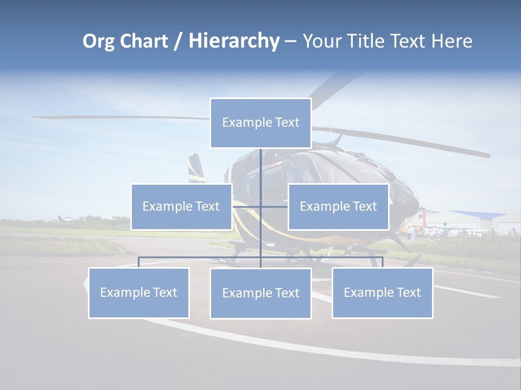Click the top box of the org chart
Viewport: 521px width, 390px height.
click(260, 123)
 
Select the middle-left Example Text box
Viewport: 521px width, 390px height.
click(181, 206)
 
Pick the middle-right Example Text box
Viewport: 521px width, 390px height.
click(338, 206)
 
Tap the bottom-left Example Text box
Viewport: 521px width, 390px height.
click(139, 292)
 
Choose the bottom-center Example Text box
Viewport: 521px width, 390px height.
click(260, 293)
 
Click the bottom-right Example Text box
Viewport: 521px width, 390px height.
click(382, 292)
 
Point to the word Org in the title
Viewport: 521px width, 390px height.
click(99, 41)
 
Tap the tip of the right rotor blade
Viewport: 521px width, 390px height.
click(486, 155)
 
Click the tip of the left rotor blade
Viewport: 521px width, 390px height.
click(36, 116)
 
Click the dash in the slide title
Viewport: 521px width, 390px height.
click(290, 41)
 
